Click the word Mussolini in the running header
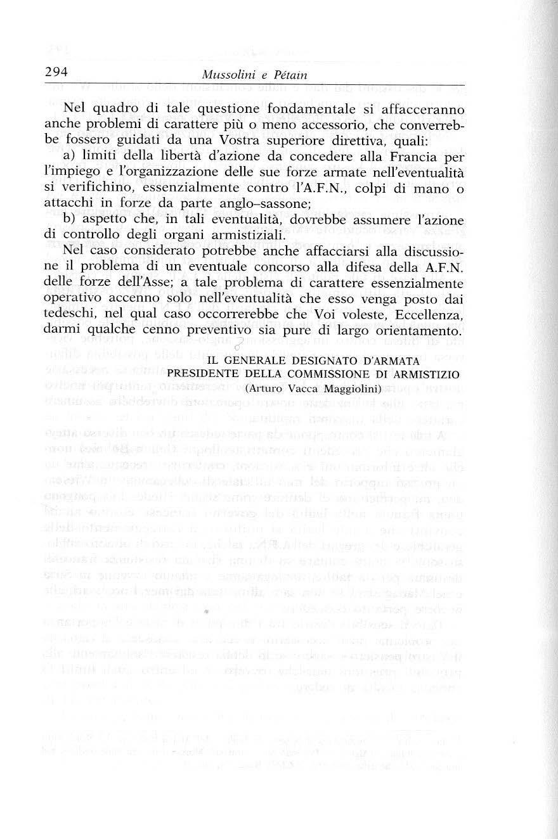(x=228, y=75)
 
